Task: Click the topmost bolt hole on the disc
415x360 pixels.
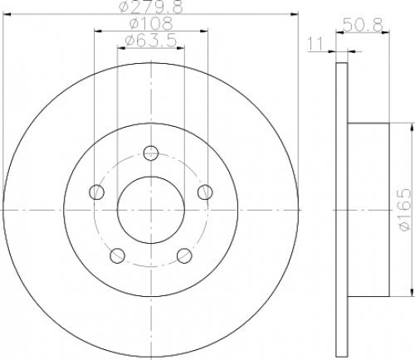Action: click(x=150, y=153)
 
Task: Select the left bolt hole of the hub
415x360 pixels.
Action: click(x=97, y=192)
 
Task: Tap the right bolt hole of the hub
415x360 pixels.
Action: click(x=203, y=192)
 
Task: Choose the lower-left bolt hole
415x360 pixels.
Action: click(x=118, y=254)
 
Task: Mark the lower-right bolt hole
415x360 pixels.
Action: click(x=183, y=254)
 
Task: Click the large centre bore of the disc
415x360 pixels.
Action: click(x=150, y=209)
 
